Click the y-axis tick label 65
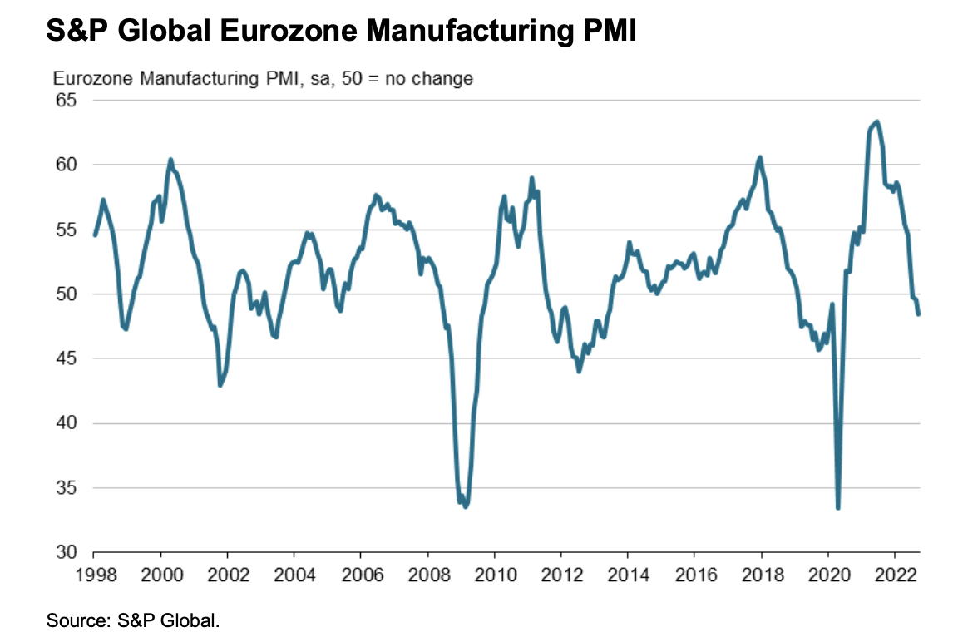[66, 101]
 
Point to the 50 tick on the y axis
[66, 294]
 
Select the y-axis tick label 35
[66, 488]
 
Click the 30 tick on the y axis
[66, 552]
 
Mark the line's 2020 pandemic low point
[838, 508]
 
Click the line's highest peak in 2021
[876, 121]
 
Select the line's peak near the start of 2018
[760, 157]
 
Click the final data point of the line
[919, 314]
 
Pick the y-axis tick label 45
[66, 358]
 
